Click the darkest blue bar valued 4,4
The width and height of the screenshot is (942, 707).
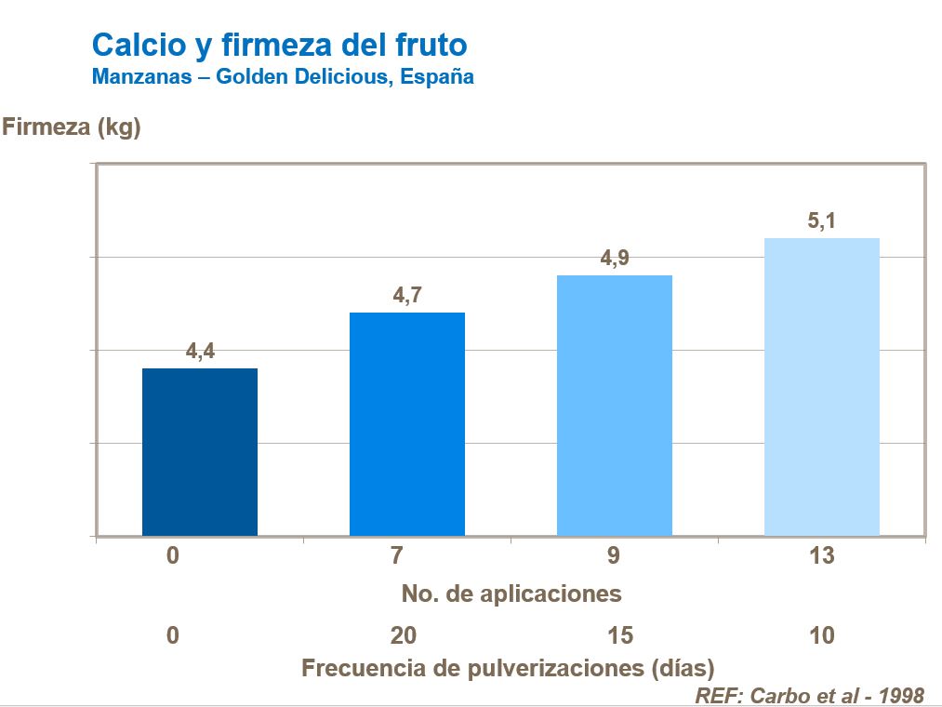click(199, 452)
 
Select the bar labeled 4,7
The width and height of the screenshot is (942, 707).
click(407, 424)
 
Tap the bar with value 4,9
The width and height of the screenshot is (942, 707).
click(614, 406)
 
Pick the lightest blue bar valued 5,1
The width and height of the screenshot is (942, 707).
click(821, 387)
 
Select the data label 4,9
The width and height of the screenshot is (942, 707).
click(615, 259)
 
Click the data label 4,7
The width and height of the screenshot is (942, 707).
click(407, 296)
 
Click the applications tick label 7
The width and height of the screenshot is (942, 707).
click(397, 556)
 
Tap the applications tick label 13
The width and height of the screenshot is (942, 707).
click(822, 556)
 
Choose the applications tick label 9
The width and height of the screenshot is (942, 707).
click(614, 556)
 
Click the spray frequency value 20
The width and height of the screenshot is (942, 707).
click(404, 636)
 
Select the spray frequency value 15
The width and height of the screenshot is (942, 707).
click(619, 636)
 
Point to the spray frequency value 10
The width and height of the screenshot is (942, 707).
click(822, 636)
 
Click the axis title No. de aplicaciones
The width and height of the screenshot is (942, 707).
click(511, 593)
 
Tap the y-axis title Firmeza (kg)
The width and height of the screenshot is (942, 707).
click(72, 127)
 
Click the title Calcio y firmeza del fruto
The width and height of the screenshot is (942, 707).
click(279, 44)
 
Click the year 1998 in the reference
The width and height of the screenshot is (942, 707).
click(899, 695)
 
